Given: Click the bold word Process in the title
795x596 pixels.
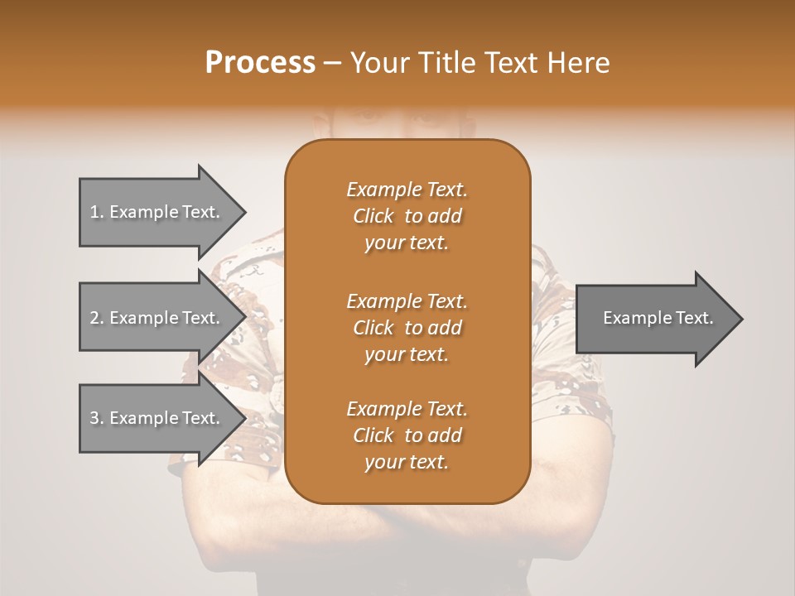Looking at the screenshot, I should pyautogui.click(x=260, y=63).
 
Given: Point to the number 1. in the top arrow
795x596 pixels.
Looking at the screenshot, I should pyautogui.click(x=97, y=212).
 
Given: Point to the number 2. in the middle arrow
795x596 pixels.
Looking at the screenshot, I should pyautogui.click(x=97, y=318).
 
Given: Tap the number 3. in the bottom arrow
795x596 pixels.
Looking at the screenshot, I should pyautogui.click(x=97, y=418).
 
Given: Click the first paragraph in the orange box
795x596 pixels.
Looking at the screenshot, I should pyautogui.click(x=407, y=216).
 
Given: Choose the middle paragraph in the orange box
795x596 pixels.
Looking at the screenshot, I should pyautogui.click(x=407, y=327).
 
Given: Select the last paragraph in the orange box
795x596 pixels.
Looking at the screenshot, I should pyautogui.click(x=407, y=435).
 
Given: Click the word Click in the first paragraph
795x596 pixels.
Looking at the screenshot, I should pyautogui.click(x=373, y=216).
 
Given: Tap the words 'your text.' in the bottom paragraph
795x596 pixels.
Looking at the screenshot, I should pyautogui.click(x=407, y=463).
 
